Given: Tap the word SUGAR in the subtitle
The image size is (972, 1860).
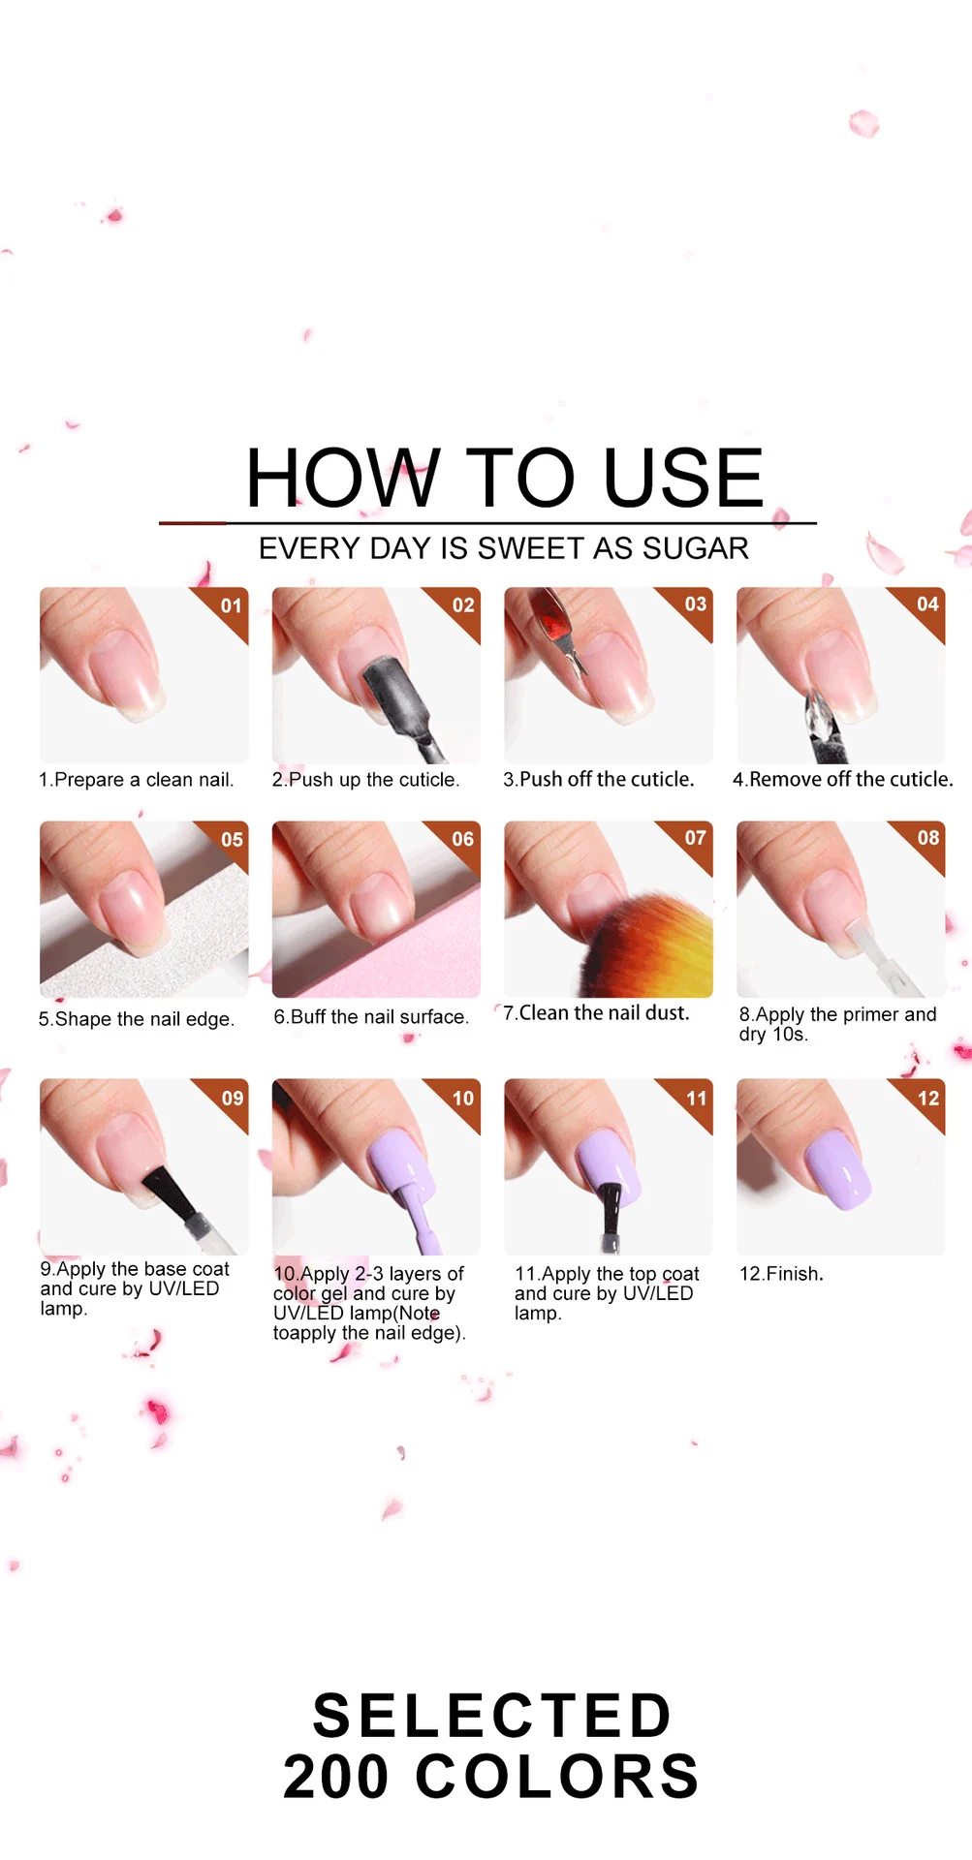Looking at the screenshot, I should click(695, 548).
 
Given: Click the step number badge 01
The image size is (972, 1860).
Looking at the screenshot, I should click(231, 605).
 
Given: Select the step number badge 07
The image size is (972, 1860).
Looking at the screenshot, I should click(695, 837).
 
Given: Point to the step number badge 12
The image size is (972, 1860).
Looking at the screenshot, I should click(927, 1098).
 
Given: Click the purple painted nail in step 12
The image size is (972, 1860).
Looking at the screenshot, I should click(838, 1170).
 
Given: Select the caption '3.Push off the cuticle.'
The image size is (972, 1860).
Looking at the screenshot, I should click(598, 779).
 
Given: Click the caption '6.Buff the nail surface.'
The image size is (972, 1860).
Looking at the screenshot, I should click(370, 1016).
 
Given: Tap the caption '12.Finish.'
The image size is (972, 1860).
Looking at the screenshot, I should click(781, 1273).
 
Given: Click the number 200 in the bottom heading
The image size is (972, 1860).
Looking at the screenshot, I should click(335, 1777).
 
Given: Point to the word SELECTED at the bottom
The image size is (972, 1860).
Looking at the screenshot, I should click(491, 1716).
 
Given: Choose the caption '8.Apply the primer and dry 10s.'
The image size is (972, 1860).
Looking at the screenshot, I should click(836, 1023).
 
